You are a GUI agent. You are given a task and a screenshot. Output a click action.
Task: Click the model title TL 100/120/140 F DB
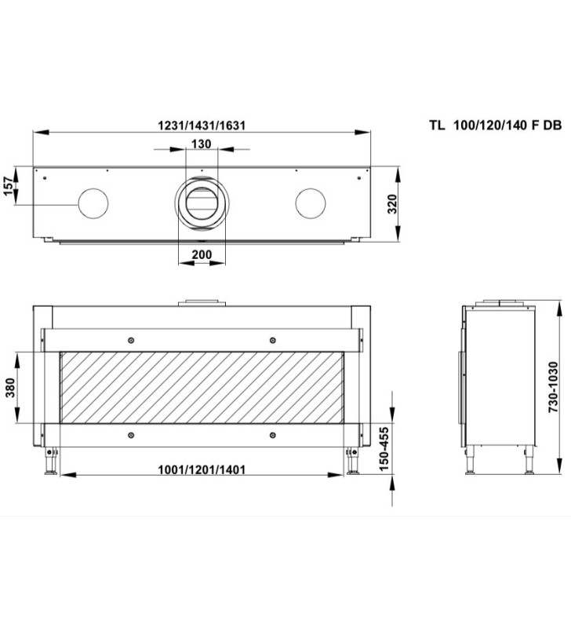click(496, 126)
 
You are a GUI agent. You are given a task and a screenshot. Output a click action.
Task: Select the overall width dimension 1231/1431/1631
click(202, 126)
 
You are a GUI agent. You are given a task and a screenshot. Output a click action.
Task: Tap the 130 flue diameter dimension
click(202, 144)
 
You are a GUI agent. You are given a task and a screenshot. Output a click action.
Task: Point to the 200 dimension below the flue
click(202, 254)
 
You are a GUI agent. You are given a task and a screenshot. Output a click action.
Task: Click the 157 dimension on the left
click(9, 186)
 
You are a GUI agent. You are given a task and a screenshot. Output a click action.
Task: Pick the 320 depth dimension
click(392, 204)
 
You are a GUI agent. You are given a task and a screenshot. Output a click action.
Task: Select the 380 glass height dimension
click(10, 387)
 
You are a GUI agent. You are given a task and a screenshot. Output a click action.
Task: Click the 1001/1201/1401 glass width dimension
click(202, 469)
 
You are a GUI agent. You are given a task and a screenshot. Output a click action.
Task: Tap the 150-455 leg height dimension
click(384, 448)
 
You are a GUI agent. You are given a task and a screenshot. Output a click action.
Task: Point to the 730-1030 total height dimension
click(553, 387)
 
